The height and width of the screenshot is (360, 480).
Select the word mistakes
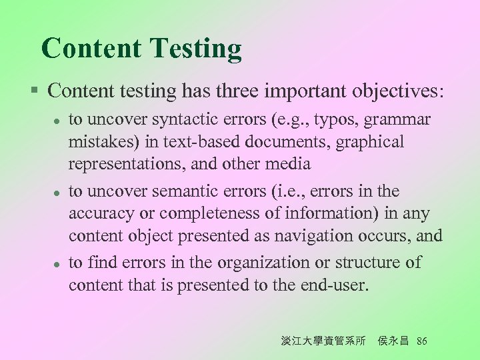pyautogui.click(x=98, y=143)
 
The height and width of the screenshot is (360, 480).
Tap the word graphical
pyautogui.click(x=371, y=143)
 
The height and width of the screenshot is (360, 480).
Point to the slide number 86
pyautogui.click(x=421, y=341)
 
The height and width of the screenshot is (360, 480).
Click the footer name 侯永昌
pyautogui.click(x=393, y=341)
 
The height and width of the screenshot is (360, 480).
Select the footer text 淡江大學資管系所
pyautogui.click(x=323, y=341)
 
